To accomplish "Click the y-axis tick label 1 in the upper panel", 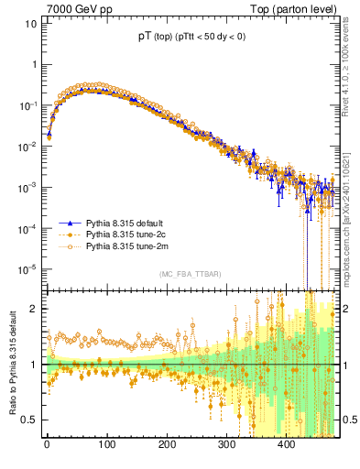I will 33,65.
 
